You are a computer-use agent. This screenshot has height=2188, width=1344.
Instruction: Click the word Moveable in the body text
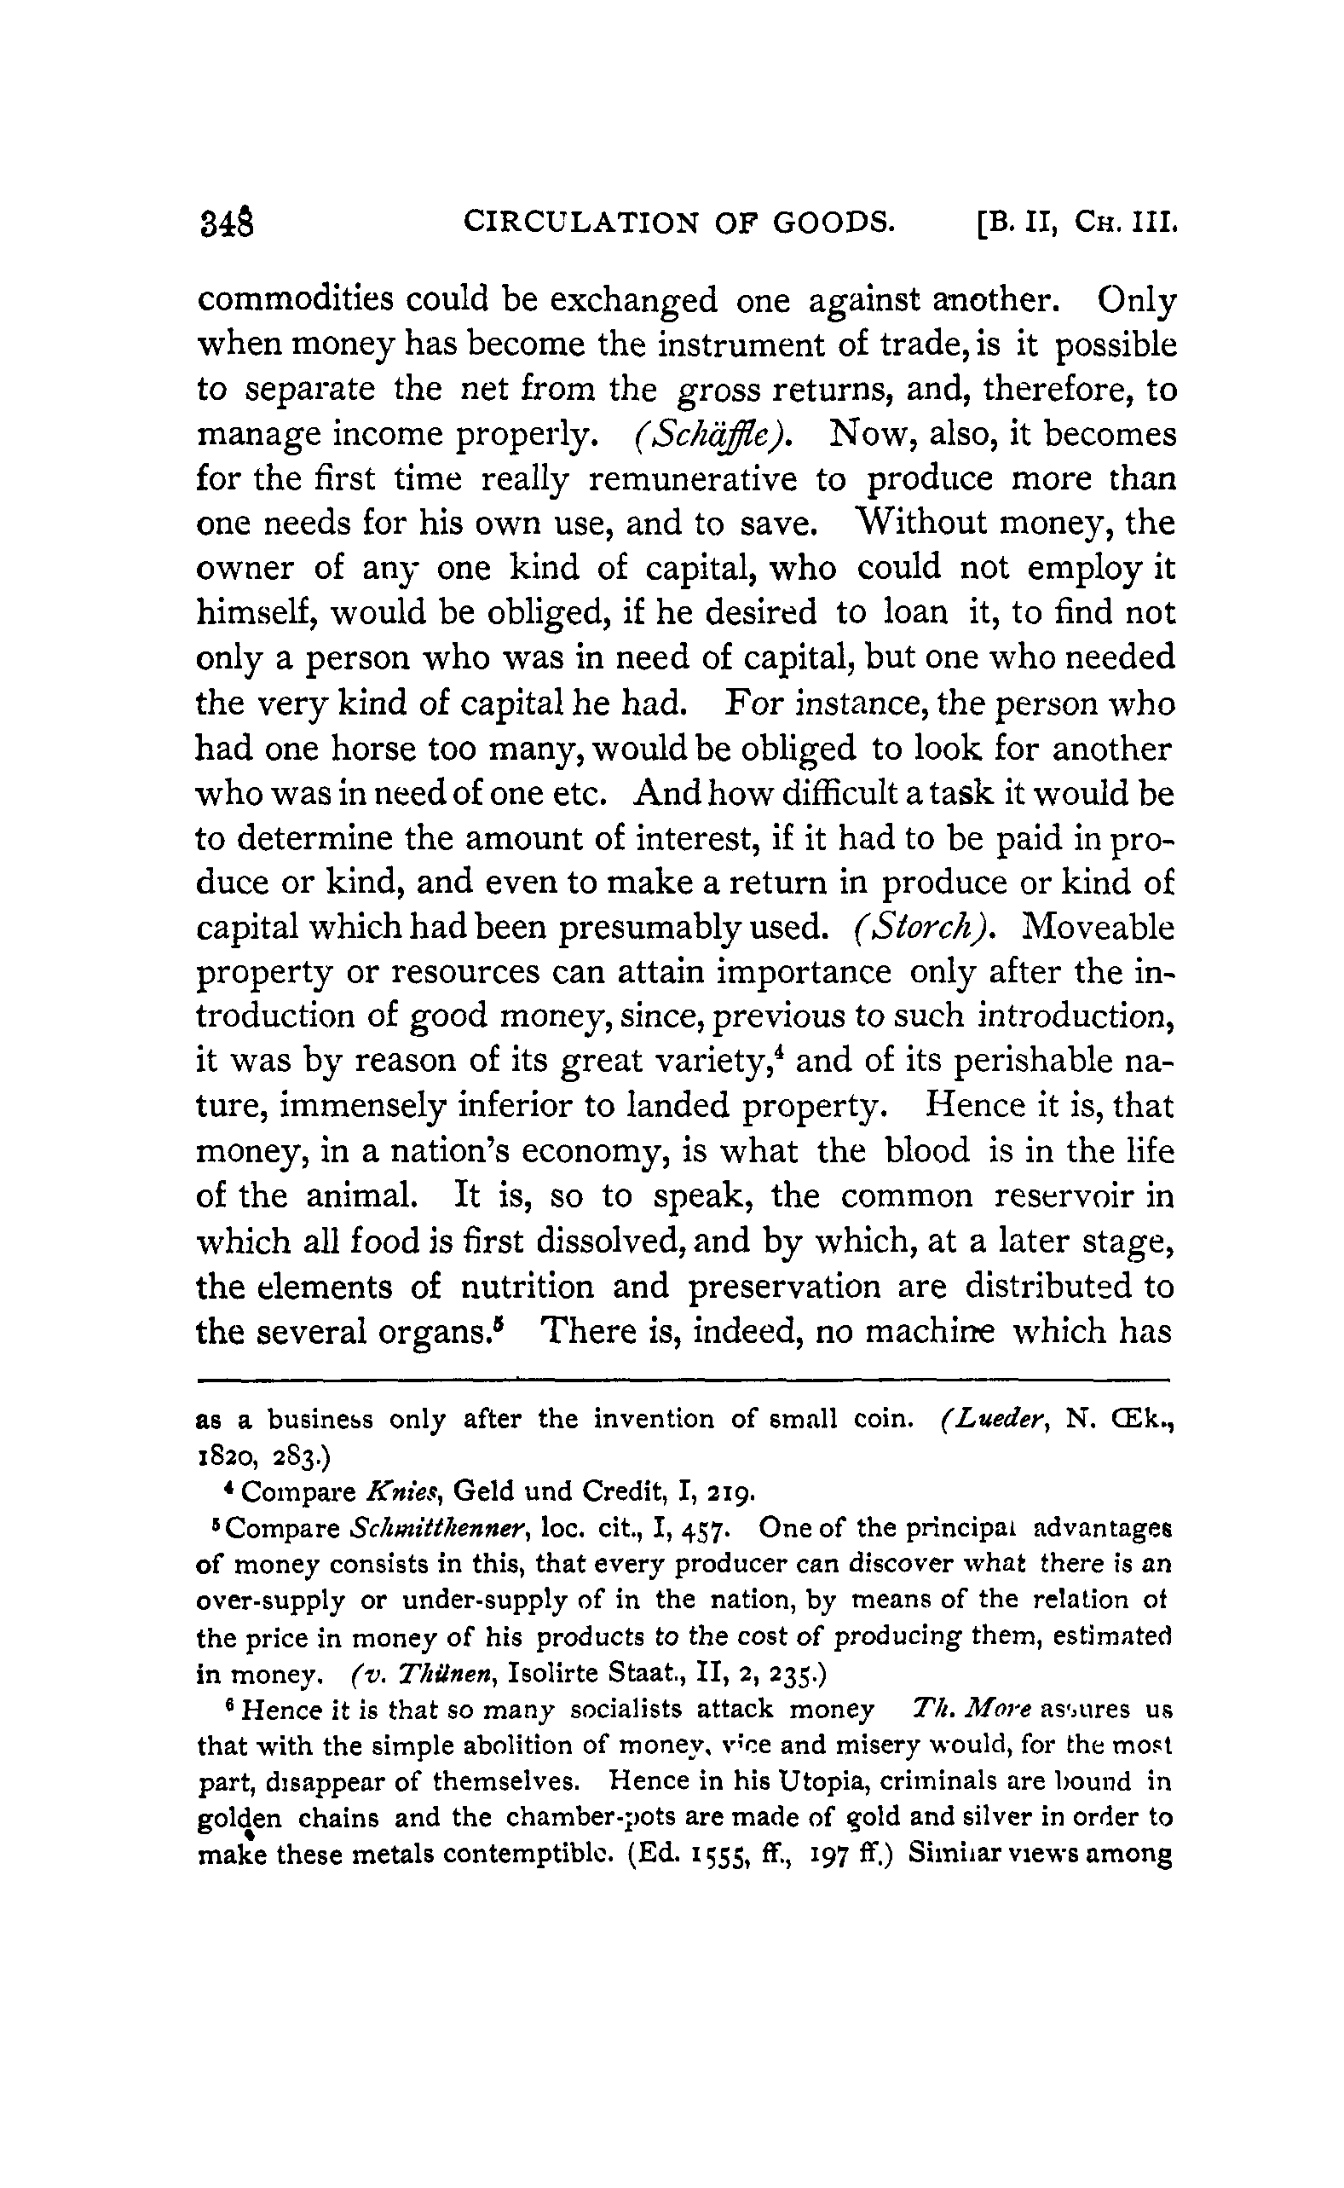(x=1099, y=928)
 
